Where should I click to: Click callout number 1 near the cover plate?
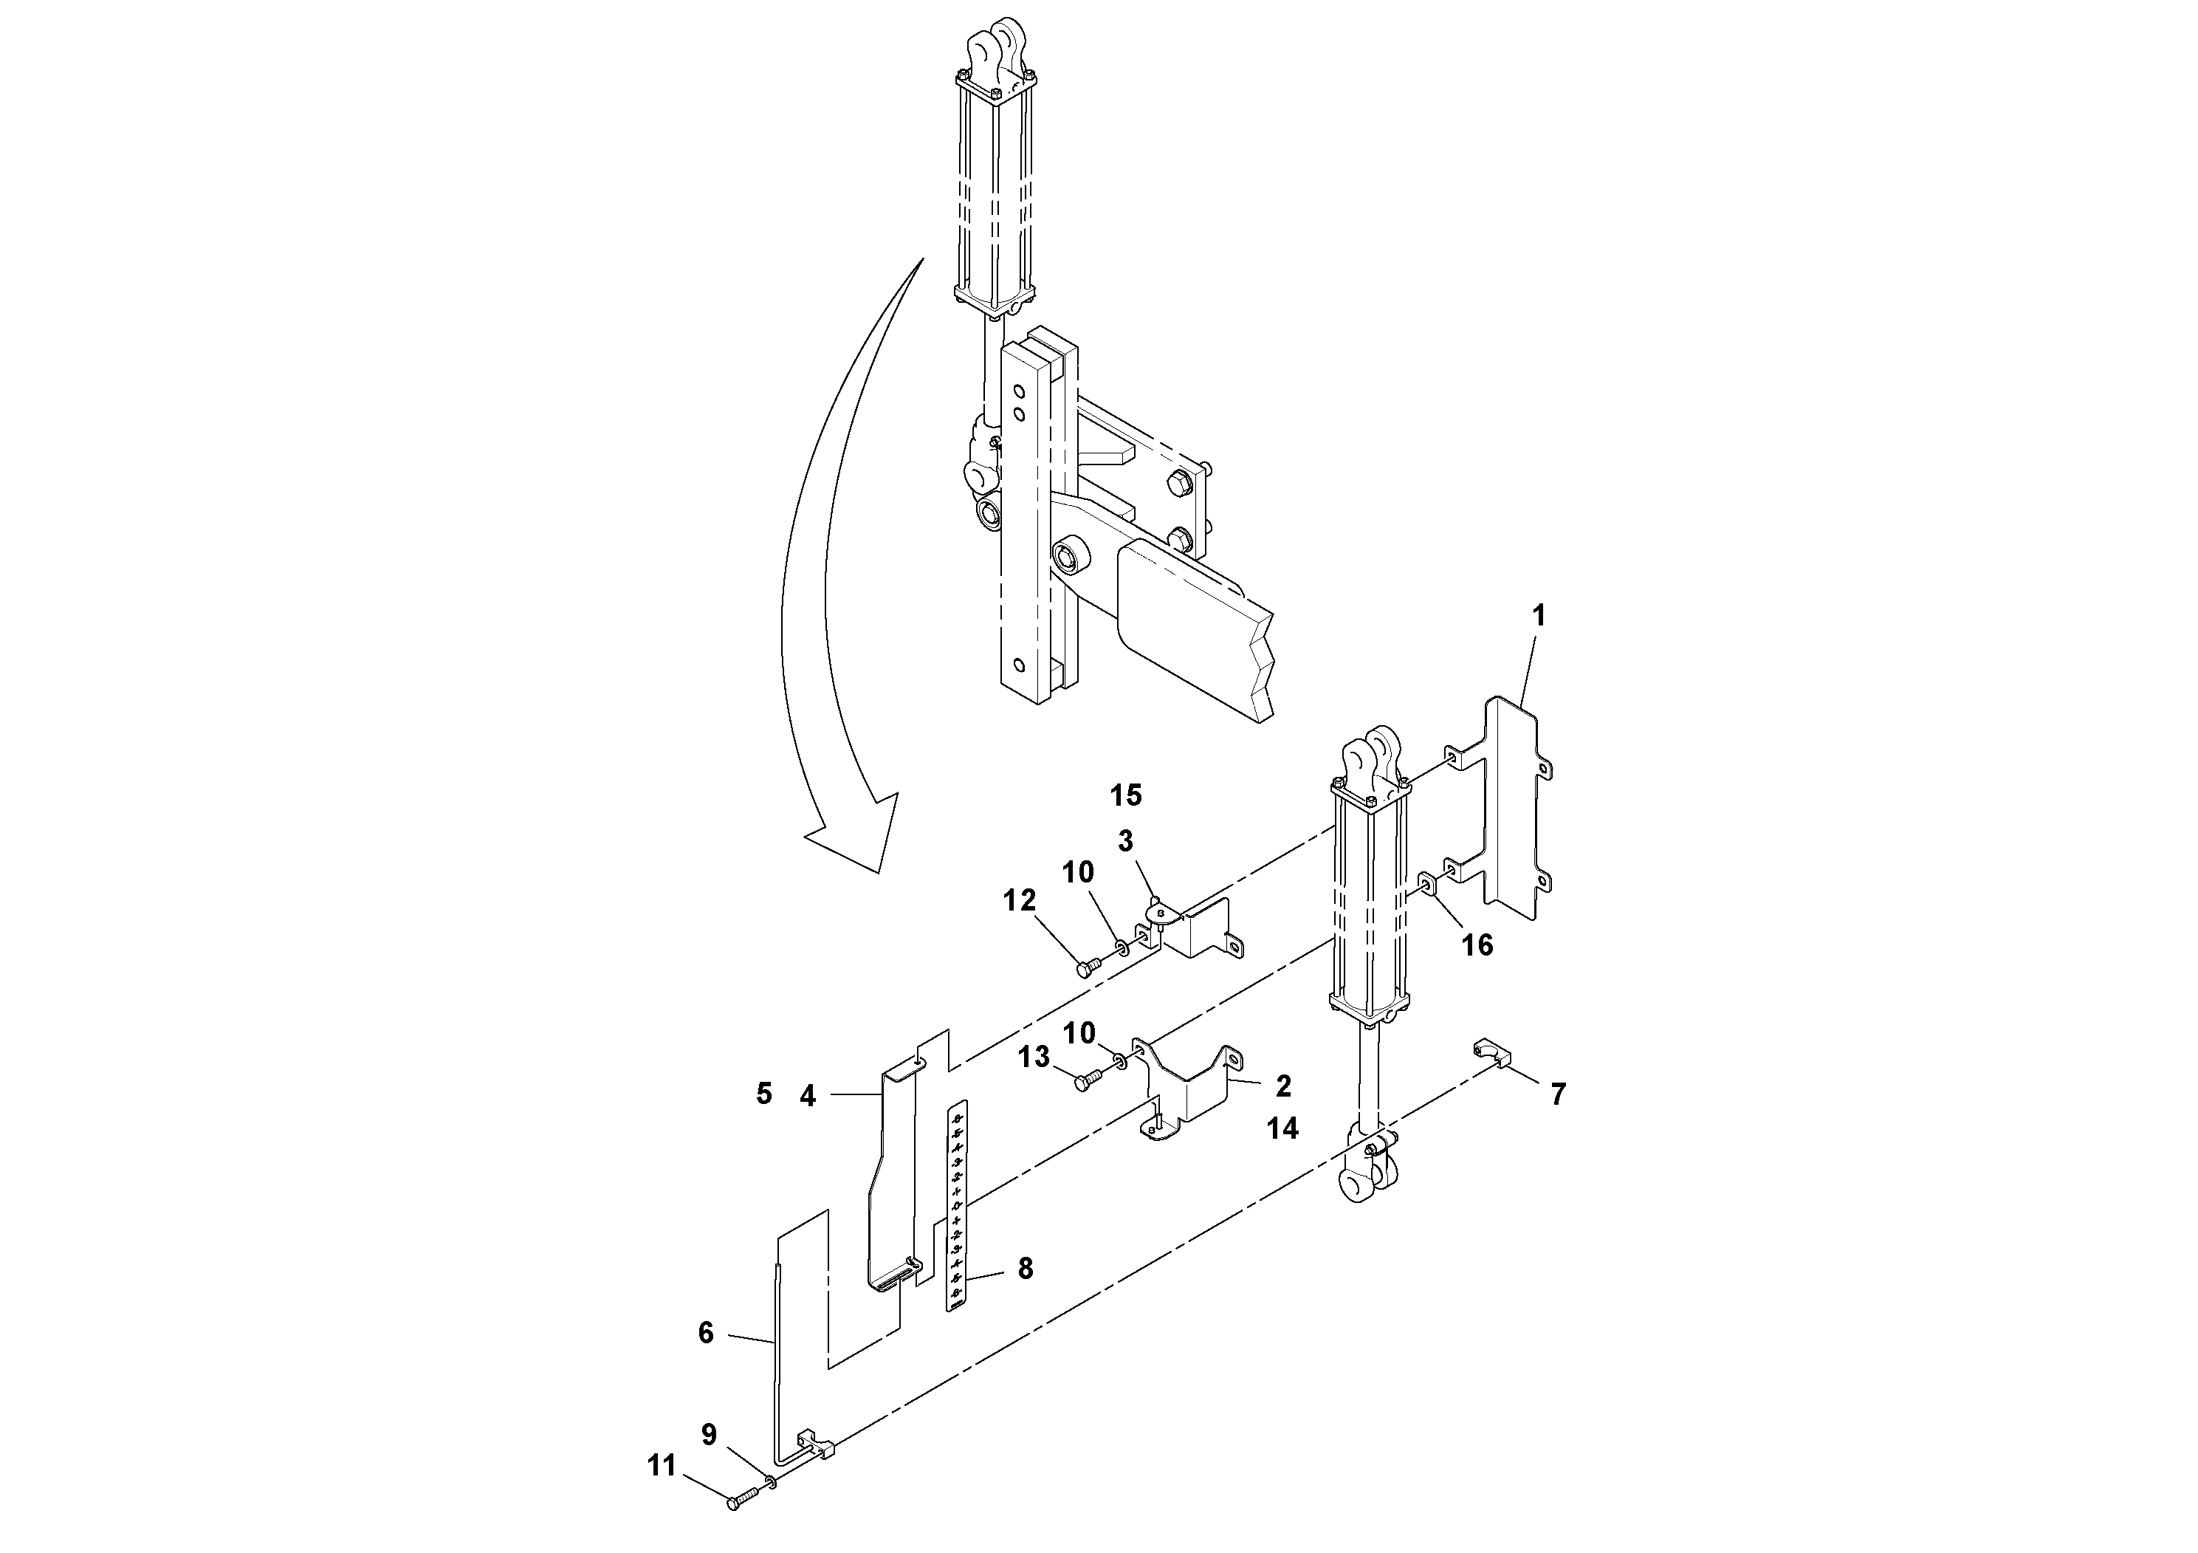1539,617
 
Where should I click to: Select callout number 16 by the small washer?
1477,945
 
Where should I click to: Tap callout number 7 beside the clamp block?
1559,1094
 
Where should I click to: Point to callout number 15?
1127,795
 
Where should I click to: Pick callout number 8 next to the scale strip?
1026,1269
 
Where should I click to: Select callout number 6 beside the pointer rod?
706,1333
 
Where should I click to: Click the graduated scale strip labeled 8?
958,1207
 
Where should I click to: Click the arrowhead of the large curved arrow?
866,843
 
